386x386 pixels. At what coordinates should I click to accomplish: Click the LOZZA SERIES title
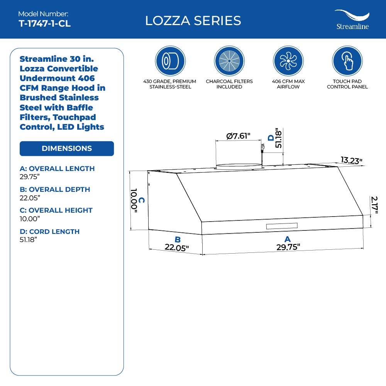pyautogui.click(x=193, y=20)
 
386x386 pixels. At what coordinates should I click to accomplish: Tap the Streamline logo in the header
pyautogui.click(x=352, y=20)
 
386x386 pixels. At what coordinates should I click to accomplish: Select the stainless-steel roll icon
pyautogui.click(x=170, y=61)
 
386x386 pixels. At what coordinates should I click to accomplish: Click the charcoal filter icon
pyautogui.click(x=229, y=61)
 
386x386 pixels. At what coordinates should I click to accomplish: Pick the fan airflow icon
pyautogui.click(x=288, y=61)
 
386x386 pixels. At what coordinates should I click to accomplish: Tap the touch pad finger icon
pyautogui.click(x=347, y=61)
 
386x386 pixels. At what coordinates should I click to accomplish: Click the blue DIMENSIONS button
pyautogui.click(x=67, y=149)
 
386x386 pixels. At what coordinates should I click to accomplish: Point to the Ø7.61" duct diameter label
pyautogui.click(x=239, y=136)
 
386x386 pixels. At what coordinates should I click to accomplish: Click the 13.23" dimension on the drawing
pyautogui.click(x=351, y=160)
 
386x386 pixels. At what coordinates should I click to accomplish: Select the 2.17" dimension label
pyautogui.click(x=374, y=205)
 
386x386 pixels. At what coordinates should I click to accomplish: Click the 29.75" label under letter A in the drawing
pyautogui.click(x=288, y=247)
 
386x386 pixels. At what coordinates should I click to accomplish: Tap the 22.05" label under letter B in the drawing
pyautogui.click(x=176, y=248)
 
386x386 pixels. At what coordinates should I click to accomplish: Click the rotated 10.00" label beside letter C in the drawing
pyautogui.click(x=134, y=199)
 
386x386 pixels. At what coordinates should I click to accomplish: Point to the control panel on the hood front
pyautogui.click(x=281, y=226)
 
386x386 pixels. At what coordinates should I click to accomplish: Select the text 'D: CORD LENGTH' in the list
pyautogui.click(x=49, y=232)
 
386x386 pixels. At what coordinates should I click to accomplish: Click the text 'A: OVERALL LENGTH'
pyautogui.click(x=57, y=169)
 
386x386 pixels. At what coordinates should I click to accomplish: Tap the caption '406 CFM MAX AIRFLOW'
pyautogui.click(x=288, y=84)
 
